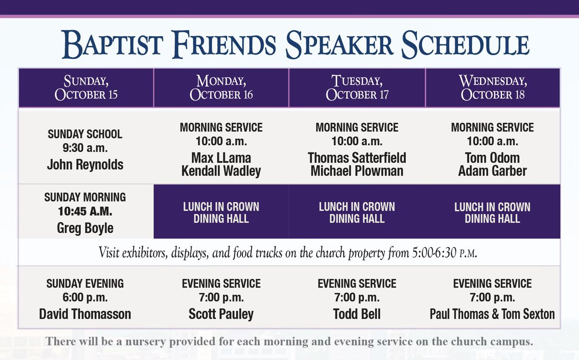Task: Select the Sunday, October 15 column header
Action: coord(86,87)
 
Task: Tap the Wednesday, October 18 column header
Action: coord(493,87)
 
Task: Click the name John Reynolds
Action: coord(85,165)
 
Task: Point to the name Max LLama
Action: coord(221,158)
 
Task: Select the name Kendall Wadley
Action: coord(221,171)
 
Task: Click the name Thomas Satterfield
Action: coord(357,158)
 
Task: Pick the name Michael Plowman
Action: coord(357,171)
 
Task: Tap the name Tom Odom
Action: coord(492,158)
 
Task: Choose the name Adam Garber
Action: coord(492,171)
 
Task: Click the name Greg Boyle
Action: coord(85,228)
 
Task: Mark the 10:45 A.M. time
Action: coord(85,212)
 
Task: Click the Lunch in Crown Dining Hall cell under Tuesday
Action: coord(357,212)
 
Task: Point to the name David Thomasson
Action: coord(85,315)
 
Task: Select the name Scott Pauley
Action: coord(221,315)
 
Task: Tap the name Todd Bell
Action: coord(357,315)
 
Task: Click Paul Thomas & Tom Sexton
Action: coord(492,315)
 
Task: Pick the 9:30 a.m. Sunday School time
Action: coord(85,148)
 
